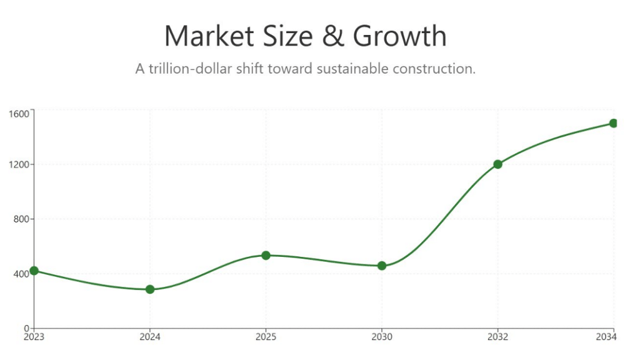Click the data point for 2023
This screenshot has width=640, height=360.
(x=34, y=271)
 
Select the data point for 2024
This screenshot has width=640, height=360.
(x=150, y=289)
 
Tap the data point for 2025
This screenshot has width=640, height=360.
(x=266, y=255)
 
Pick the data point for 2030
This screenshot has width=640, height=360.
(x=382, y=266)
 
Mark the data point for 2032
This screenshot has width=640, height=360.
(x=497, y=164)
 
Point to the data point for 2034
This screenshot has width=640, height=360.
(x=613, y=123)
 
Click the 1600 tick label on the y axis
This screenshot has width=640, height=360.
(x=19, y=113)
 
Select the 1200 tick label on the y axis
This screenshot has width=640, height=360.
(x=19, y=165)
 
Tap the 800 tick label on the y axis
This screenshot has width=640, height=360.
(x=21, y=219)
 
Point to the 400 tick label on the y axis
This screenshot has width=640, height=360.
(x=21, y=274)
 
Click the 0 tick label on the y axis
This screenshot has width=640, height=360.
(x=26, y=328)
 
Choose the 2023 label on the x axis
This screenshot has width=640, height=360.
(x=34, y=337)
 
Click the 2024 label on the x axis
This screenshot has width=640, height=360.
(x=150, y=337)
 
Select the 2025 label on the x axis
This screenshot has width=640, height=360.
(x=266, y=337)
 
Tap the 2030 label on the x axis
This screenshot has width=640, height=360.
(x=382, y=337)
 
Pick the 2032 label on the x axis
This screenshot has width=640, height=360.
(x=497, y=337)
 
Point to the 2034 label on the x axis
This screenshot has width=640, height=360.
(x=606, y=337)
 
